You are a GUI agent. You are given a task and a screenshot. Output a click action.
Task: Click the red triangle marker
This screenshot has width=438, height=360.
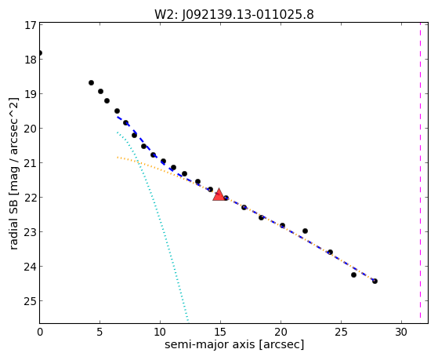pyautogui.click(x=219, y=195)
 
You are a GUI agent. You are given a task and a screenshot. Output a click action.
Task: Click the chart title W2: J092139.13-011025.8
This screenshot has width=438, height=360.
pyautogui.click(x=234, y=14)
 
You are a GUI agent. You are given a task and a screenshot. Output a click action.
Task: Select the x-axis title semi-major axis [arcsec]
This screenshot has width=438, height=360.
pyautogui.click(x=234, y=344)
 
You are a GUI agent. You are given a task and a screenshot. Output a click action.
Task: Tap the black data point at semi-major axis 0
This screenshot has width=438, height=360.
pyautogui.click(x=40, y=53)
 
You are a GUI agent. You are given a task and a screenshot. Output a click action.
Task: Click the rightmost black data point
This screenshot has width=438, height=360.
pyautogui.click(x=375, y=281)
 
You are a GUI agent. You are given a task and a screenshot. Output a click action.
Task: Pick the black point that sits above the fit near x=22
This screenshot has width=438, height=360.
pyautogui.click(x=305, y=231)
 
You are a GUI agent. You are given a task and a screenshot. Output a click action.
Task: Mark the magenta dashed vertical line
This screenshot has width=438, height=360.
pyautogui.click(x=420, y=171)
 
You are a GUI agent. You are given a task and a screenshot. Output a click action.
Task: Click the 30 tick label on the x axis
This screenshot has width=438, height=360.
pyautogui.click(x=401, y=332)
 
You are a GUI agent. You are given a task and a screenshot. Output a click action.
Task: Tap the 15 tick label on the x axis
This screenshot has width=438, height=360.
pyautogui.click(x=220, y=332)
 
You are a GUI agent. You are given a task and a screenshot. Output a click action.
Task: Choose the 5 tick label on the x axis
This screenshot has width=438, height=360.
pyautogui.click(x=100, y=332)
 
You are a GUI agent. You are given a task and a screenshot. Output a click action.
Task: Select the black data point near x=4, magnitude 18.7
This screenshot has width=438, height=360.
pyautogui.click(x=91, y=83)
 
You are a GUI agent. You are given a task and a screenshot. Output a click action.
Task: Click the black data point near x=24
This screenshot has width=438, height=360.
pyautogui.click(x=330, y=252)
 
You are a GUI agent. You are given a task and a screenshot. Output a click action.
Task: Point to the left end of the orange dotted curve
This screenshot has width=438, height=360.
pyautogui.click(x=118, y=157)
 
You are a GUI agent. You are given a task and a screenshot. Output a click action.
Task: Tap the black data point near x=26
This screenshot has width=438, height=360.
pyautogui.click(x=353, y=275)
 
